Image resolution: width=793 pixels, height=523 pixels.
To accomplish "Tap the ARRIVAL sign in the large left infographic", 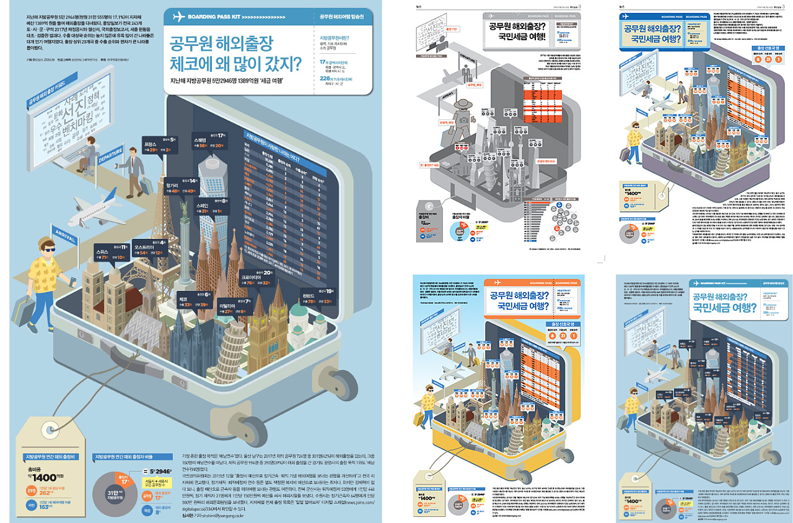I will (x=66, y=233).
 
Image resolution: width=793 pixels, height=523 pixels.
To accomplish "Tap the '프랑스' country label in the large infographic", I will (x=151, y=140).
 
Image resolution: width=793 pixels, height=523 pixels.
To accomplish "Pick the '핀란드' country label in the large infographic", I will (x=309, y=295).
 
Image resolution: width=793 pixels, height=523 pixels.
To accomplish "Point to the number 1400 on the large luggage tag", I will (x=45, y=477).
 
